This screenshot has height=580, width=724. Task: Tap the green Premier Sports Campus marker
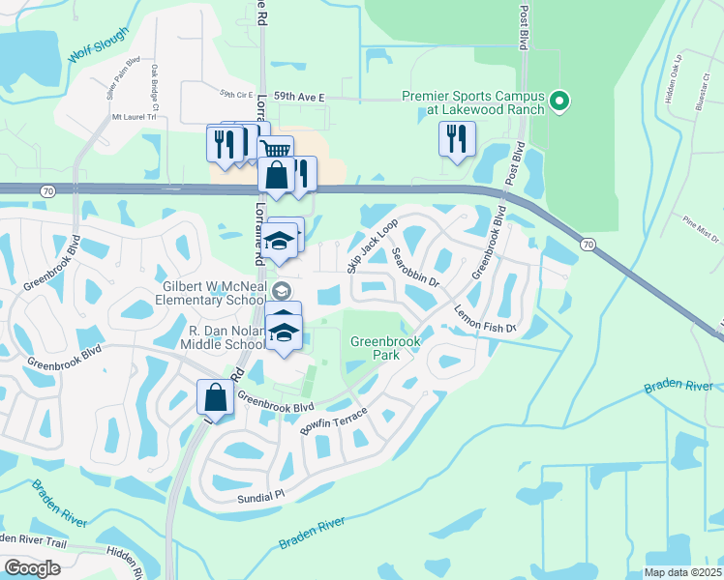(x=558, y=101)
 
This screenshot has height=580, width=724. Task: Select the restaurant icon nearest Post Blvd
(x=457, y=138)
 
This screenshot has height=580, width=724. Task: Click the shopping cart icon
(x=276, y=150)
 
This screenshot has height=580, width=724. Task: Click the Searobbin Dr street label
(x=417, y=269)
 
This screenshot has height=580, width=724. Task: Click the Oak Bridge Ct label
(x=154, y=85)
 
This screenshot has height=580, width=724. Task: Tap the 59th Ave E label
(x=300, y=98)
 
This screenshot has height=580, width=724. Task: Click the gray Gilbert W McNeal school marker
(x=281, y=290)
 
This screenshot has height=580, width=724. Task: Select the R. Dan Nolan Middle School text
(x=226, y=337)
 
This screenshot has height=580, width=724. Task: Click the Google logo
(x=32, y=568)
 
